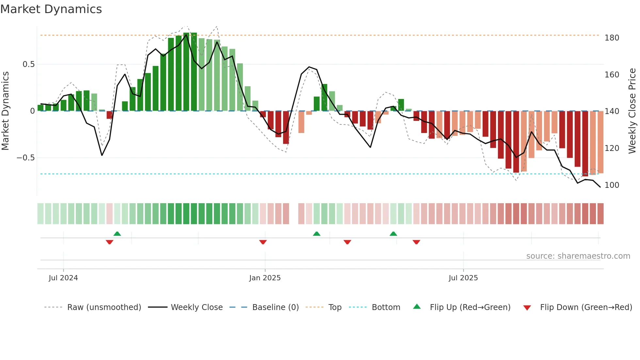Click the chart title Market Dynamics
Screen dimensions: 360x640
(51, 9)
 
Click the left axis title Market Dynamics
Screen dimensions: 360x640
(6, 111)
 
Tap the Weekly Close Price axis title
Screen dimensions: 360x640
(632, 111)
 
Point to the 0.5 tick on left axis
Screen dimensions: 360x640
(28, 64)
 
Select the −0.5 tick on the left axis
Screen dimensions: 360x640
(26, 158)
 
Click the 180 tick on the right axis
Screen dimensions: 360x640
(612, 38)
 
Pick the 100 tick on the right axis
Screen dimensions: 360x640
(612, 185)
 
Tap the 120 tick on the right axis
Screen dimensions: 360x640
(612, 148)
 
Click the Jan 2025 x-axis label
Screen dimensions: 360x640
(265, 278)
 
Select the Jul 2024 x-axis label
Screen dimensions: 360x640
(63, 278)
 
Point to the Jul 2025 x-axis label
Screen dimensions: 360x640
(463, 278)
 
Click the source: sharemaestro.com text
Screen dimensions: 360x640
(578, 256)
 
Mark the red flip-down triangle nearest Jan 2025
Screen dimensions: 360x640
(263, 242)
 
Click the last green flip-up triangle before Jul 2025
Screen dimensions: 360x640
(393, 234)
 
